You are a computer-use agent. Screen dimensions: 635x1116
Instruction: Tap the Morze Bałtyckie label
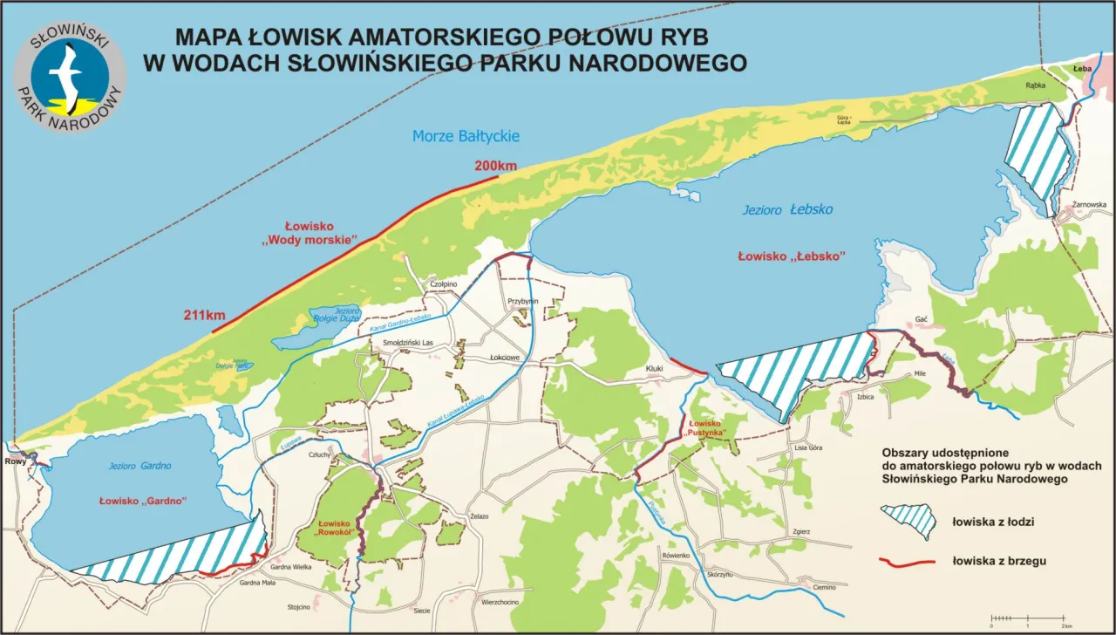coord(466,136)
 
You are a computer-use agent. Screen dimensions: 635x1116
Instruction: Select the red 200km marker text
coord(495,166)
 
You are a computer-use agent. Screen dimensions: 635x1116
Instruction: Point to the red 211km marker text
coord(205,315)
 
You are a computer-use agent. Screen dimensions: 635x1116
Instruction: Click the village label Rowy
coord(15,462)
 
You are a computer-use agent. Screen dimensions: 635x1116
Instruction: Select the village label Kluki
coord(655,369)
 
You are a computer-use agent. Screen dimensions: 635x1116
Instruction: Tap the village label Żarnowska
coord(1089,205)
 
